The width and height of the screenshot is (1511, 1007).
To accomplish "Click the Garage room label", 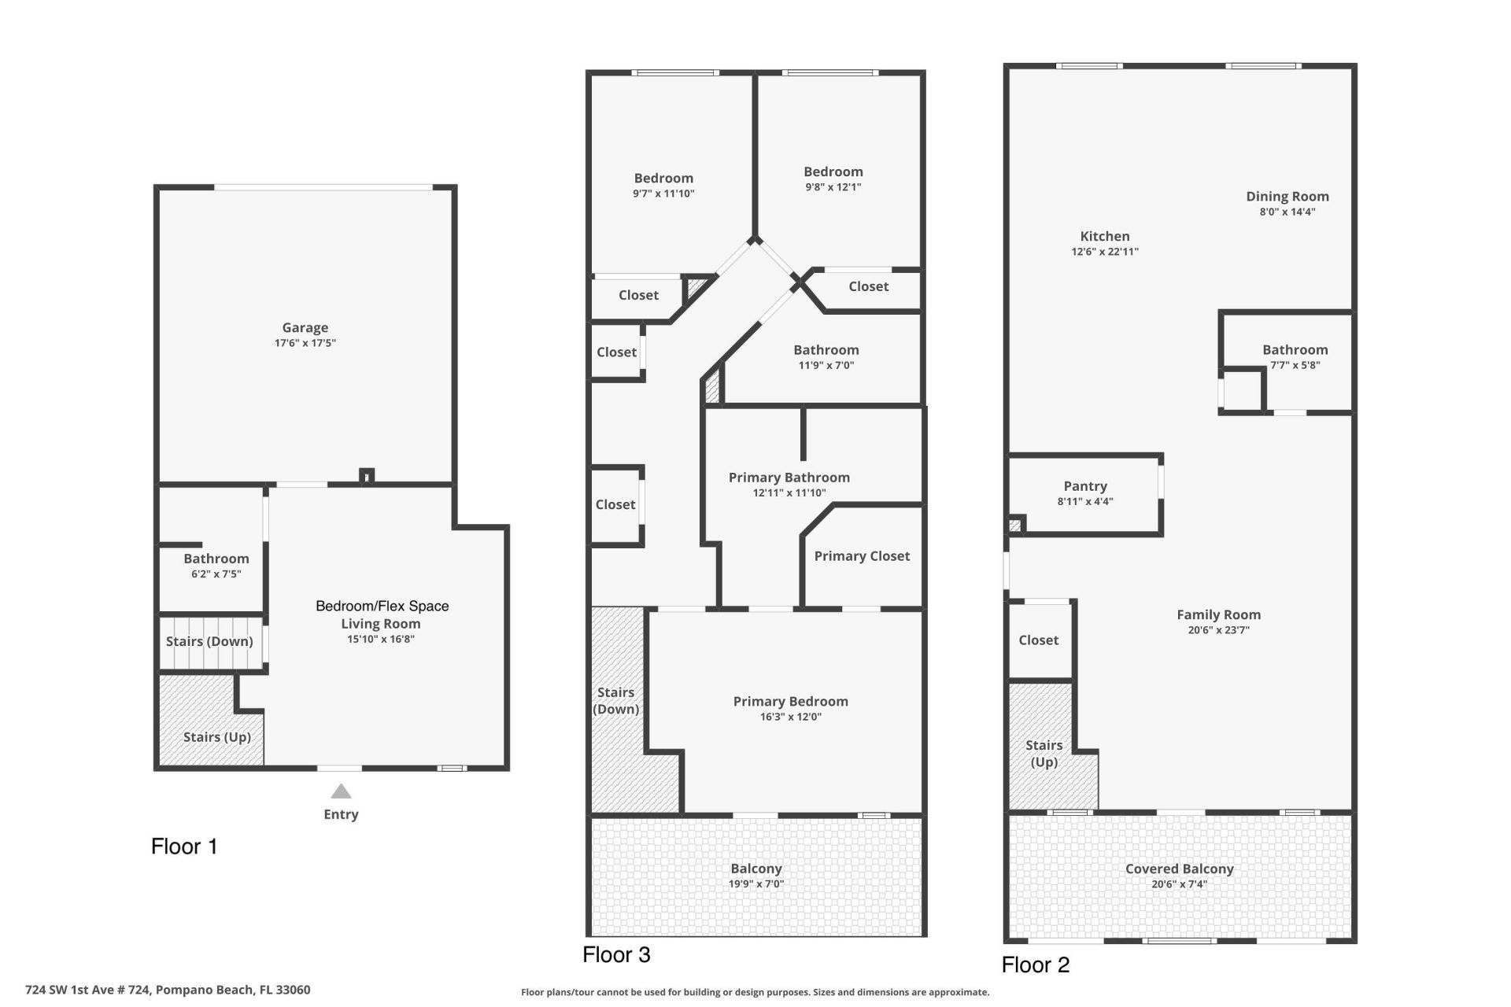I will [305, 327].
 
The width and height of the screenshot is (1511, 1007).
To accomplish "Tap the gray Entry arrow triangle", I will [341, 791].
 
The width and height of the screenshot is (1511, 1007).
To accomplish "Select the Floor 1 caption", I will [184, 847].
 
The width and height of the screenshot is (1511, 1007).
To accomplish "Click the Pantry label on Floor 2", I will [1084, 486].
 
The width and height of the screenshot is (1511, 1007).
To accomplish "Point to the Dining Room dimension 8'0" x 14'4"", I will [1287, 212].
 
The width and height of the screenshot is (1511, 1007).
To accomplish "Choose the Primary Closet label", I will [862, 556].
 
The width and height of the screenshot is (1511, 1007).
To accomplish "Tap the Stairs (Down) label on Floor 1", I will [209, 641].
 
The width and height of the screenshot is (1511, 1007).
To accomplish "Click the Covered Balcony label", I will [1179, 869].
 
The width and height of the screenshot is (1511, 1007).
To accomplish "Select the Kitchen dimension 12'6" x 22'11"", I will [1104, 252].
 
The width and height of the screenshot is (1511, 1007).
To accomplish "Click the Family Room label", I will [1218, 614].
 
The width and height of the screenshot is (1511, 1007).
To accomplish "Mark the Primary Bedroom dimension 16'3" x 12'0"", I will [790, 717].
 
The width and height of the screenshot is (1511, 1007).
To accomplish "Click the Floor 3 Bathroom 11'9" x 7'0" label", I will [826, 350].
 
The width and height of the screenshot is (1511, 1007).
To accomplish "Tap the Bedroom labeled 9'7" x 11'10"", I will [663, 179].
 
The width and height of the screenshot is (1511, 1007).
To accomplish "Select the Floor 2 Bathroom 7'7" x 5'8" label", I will [1295, 350].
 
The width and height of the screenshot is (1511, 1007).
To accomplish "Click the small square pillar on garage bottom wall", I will [366, 475].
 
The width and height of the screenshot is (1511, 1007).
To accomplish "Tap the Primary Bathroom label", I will [789, 478].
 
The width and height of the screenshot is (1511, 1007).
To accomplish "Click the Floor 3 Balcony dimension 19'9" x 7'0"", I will [755, 883].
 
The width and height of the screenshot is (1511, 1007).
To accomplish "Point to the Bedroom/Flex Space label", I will [382, 606].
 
